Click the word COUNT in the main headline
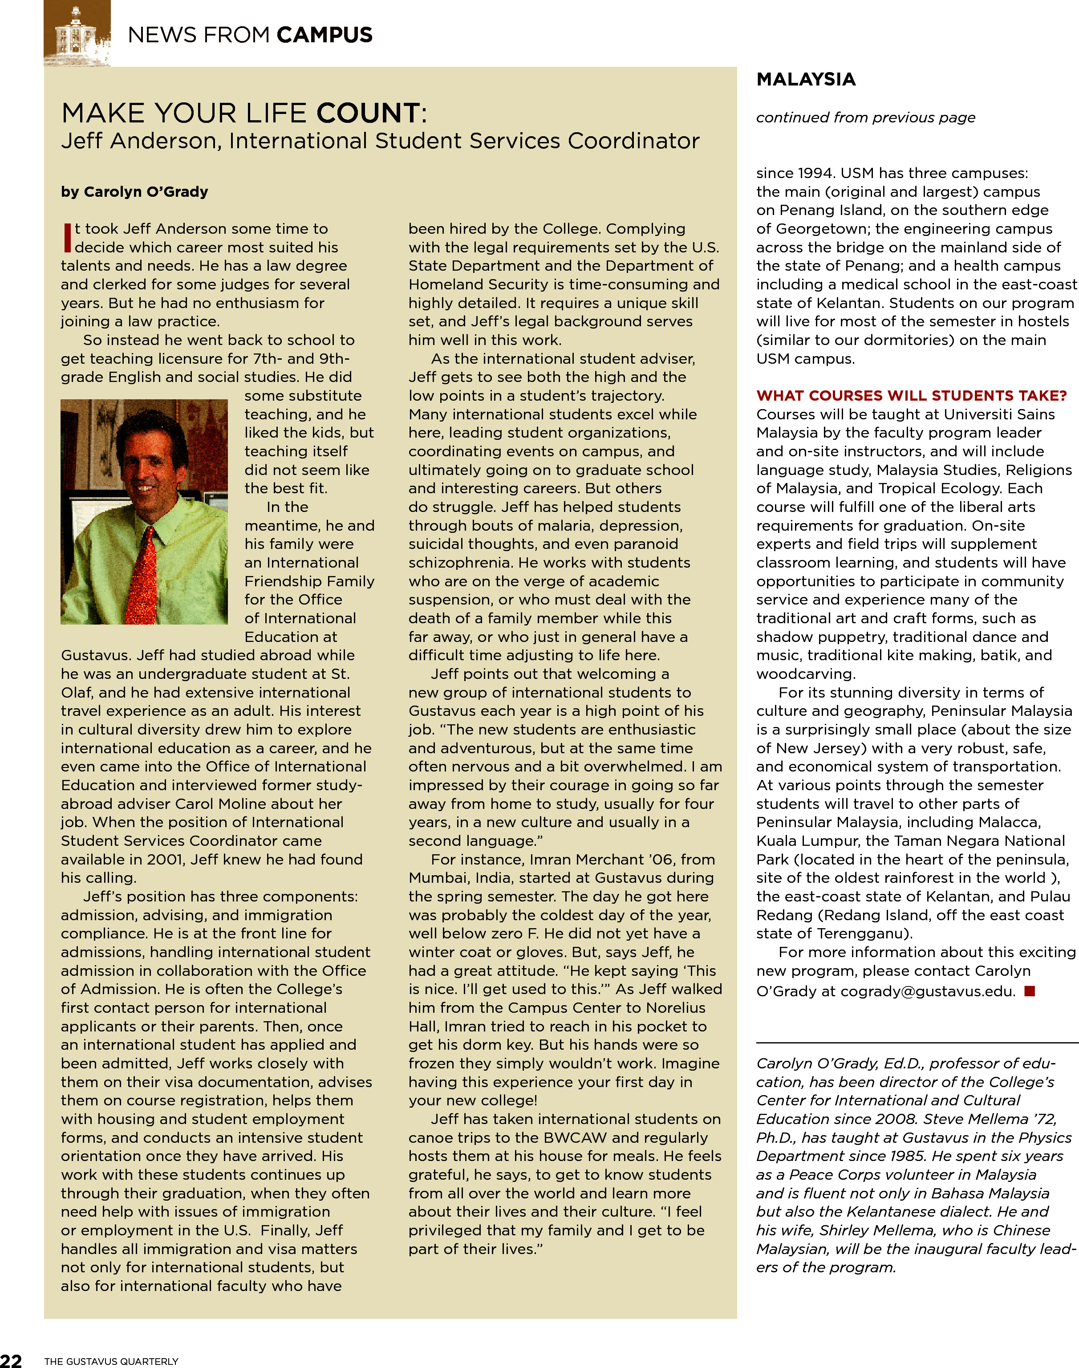pyautogui.click(x=368, y=114)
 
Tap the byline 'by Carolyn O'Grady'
pyautogui.click(x=134, y=191)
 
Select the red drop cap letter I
pyautogui.click(x=67, y=238)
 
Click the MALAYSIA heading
pyautogui.click(x=805, y=80)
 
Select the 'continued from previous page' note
pyautogui.click(x=865, y=118)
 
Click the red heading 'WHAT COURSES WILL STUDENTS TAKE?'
pyautogui.click(x=911, y=396)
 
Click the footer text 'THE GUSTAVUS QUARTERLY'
pyautogui.click(x=111, y=1361)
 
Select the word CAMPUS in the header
pyautogui.click(x=324, y=35)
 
